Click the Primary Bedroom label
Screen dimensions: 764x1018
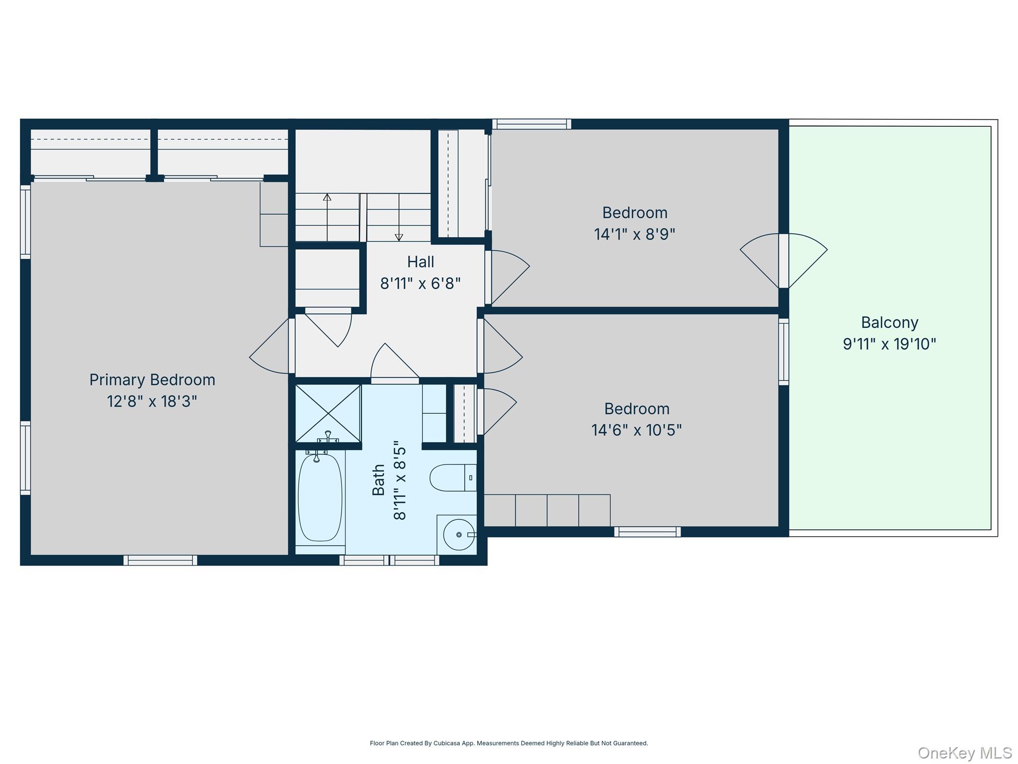[x=152, y=380]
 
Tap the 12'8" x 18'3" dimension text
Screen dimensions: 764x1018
[x=152, y=401]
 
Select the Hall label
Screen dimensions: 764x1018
[x=421, y=262]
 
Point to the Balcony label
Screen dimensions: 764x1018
[x=889, y=323]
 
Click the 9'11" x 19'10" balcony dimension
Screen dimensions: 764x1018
[x=889, y=344]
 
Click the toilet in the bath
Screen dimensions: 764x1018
[x=453, y=477]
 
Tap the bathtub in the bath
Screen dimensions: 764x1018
[x=320, y=497]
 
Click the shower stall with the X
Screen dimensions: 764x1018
[x=328, y=413]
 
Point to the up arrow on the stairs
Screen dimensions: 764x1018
[x=327, y=198]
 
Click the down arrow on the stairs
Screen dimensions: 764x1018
[x=399, y=237]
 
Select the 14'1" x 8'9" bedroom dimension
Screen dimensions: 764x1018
[x=634, y=234]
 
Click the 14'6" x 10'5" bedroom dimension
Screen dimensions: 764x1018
[x=636, y=430]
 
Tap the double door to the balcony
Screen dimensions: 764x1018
[x=783, y=261]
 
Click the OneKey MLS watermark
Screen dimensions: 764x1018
[x=964, y=753]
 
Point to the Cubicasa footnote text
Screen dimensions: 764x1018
[x=509, y=743]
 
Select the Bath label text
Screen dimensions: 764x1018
[x=379, y=480]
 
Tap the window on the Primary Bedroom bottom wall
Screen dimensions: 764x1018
[x=160, y=560]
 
